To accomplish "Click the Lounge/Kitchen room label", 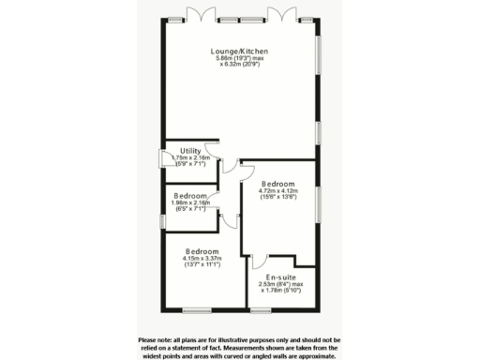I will pos(240,52).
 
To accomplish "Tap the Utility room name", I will pos(191,151).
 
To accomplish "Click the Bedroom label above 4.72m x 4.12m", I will pos(278,184).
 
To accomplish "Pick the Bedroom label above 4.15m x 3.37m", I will pos(202,252).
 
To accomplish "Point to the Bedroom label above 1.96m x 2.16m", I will pos(189,196).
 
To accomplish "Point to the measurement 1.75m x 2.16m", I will pos(191,158).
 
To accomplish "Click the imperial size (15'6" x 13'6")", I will pos(278,198).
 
